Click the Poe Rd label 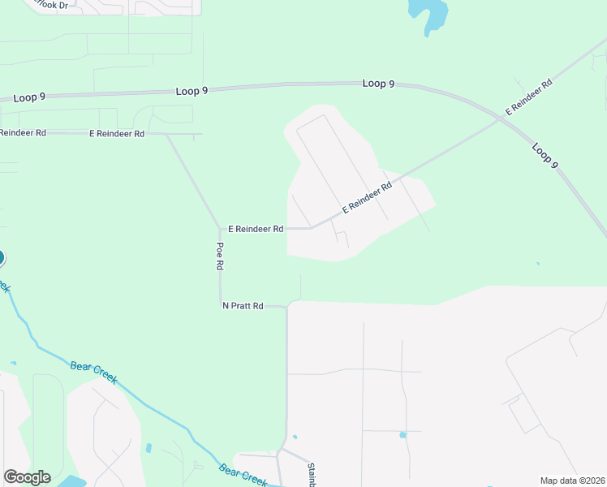[x=219, y=256]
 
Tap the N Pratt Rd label [x=243, y=306]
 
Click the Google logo [x=27, y=477]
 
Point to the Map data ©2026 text [x=572, y=481]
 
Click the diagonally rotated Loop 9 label [x=545, y=156]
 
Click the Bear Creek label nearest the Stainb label [x=243, y=475]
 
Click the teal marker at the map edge [x=1, y=258]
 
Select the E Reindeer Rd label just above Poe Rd [x=256, y=229]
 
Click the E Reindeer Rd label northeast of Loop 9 [x=529, y=96]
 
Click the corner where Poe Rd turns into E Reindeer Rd [x=220, y=229]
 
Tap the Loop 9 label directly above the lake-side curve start [x=378, y=84]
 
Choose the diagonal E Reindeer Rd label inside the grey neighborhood [x=367, y=197]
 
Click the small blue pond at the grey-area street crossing [x=403, y=435]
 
